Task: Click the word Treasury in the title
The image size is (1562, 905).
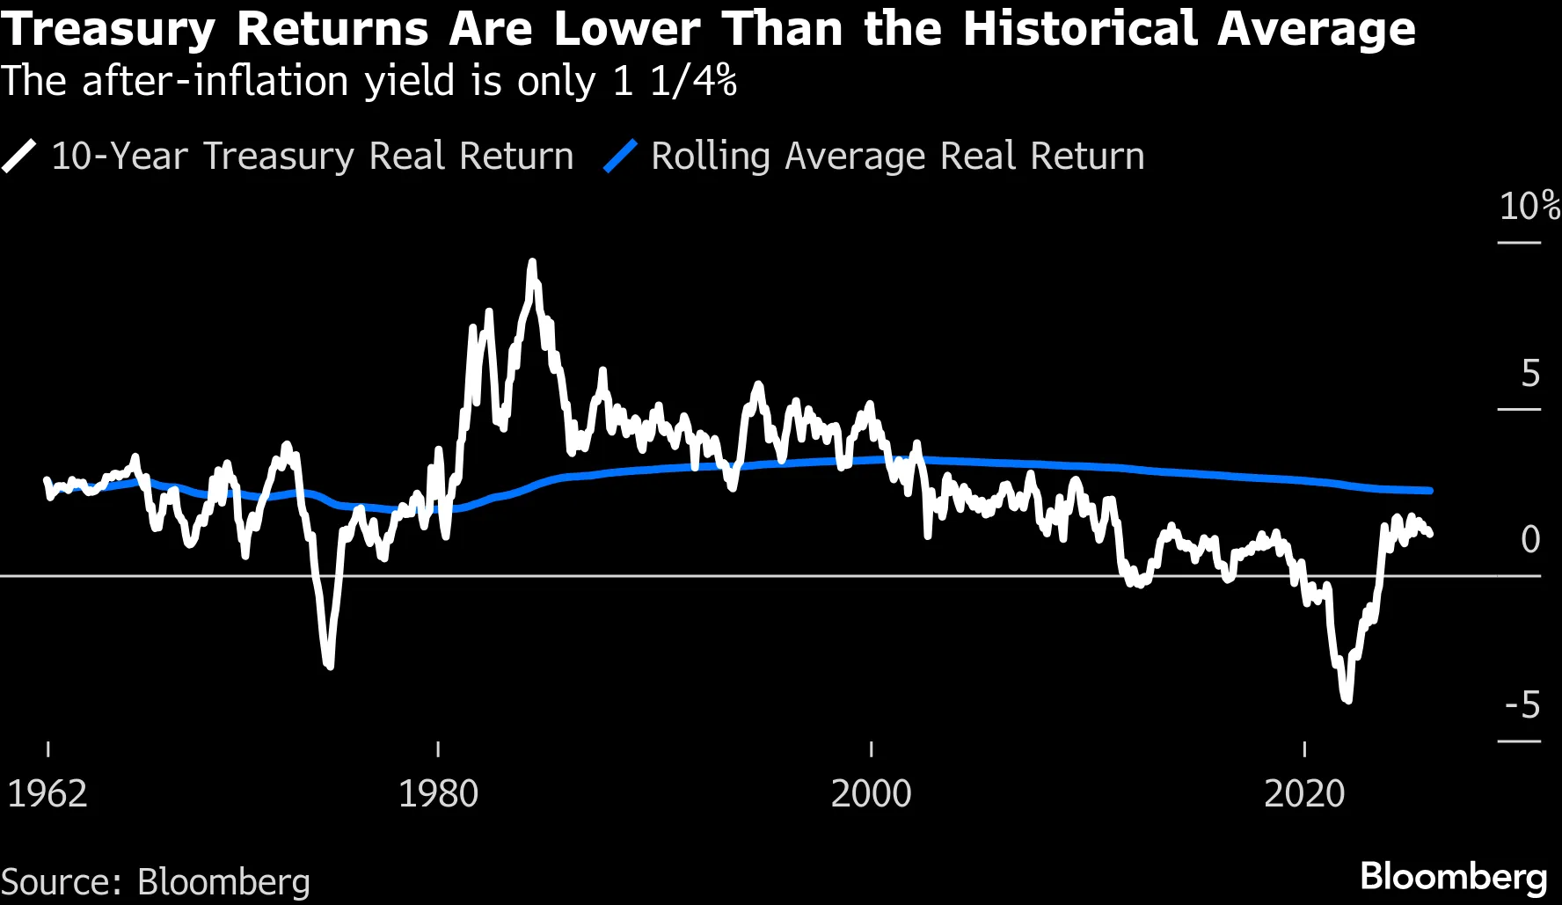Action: point(107,30)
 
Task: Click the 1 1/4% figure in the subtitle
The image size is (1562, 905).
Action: point(675,82)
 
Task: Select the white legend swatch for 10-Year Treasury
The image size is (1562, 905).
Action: point(19,157)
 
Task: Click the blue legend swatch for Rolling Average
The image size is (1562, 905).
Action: point(620,157)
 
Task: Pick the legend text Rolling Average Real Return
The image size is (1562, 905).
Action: point(897,157)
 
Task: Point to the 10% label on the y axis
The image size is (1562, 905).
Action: point(1529,207)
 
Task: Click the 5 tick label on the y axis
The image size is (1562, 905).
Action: point(1530,374)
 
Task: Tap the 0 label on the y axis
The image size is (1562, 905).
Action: point(1530,539)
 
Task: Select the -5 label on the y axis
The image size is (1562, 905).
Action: point(1523,705)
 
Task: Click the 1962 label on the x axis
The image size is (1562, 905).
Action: point(47,793)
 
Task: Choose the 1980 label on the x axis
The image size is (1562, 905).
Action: point(438,793)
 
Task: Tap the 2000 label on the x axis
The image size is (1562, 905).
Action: point(871,793)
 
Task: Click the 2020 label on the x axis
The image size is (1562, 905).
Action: point(1304,793)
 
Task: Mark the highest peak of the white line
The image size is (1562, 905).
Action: point(532,263)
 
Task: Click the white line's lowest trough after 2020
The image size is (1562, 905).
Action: point(1347,699)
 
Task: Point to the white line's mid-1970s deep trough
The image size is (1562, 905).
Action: point(330,665)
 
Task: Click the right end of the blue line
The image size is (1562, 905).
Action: point(1430,490)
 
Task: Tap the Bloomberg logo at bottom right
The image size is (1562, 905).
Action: point(1453,877)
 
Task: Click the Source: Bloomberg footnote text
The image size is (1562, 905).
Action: point(156,882)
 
